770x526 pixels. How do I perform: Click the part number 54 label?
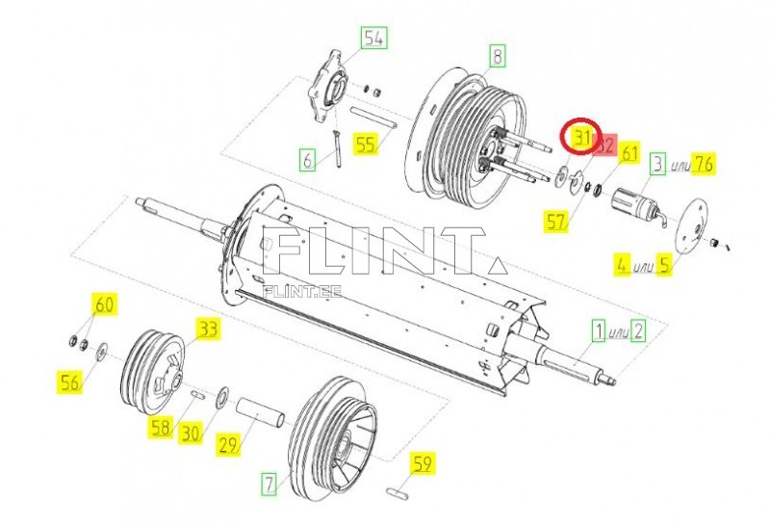click(374, 39)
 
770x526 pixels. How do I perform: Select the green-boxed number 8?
click(498, 56)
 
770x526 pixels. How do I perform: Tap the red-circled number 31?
click(582, 138)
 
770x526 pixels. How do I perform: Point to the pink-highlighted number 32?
click(606, 145)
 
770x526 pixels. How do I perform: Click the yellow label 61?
click(629, 153)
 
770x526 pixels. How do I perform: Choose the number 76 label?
click(703, 164)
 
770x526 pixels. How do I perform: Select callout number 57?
click(556, 222)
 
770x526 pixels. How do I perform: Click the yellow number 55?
click(367, 145)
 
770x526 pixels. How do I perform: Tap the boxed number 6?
click(307, 160)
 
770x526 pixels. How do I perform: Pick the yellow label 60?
click(104, 304)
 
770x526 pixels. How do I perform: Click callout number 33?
click(209, 329)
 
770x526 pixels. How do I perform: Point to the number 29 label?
click(228, 445)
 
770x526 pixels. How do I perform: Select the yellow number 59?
click(423, 463)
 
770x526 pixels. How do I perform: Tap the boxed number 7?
click(269, 484)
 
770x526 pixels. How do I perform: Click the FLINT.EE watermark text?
click(302, 292)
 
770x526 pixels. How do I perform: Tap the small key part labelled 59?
click(397, 493)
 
